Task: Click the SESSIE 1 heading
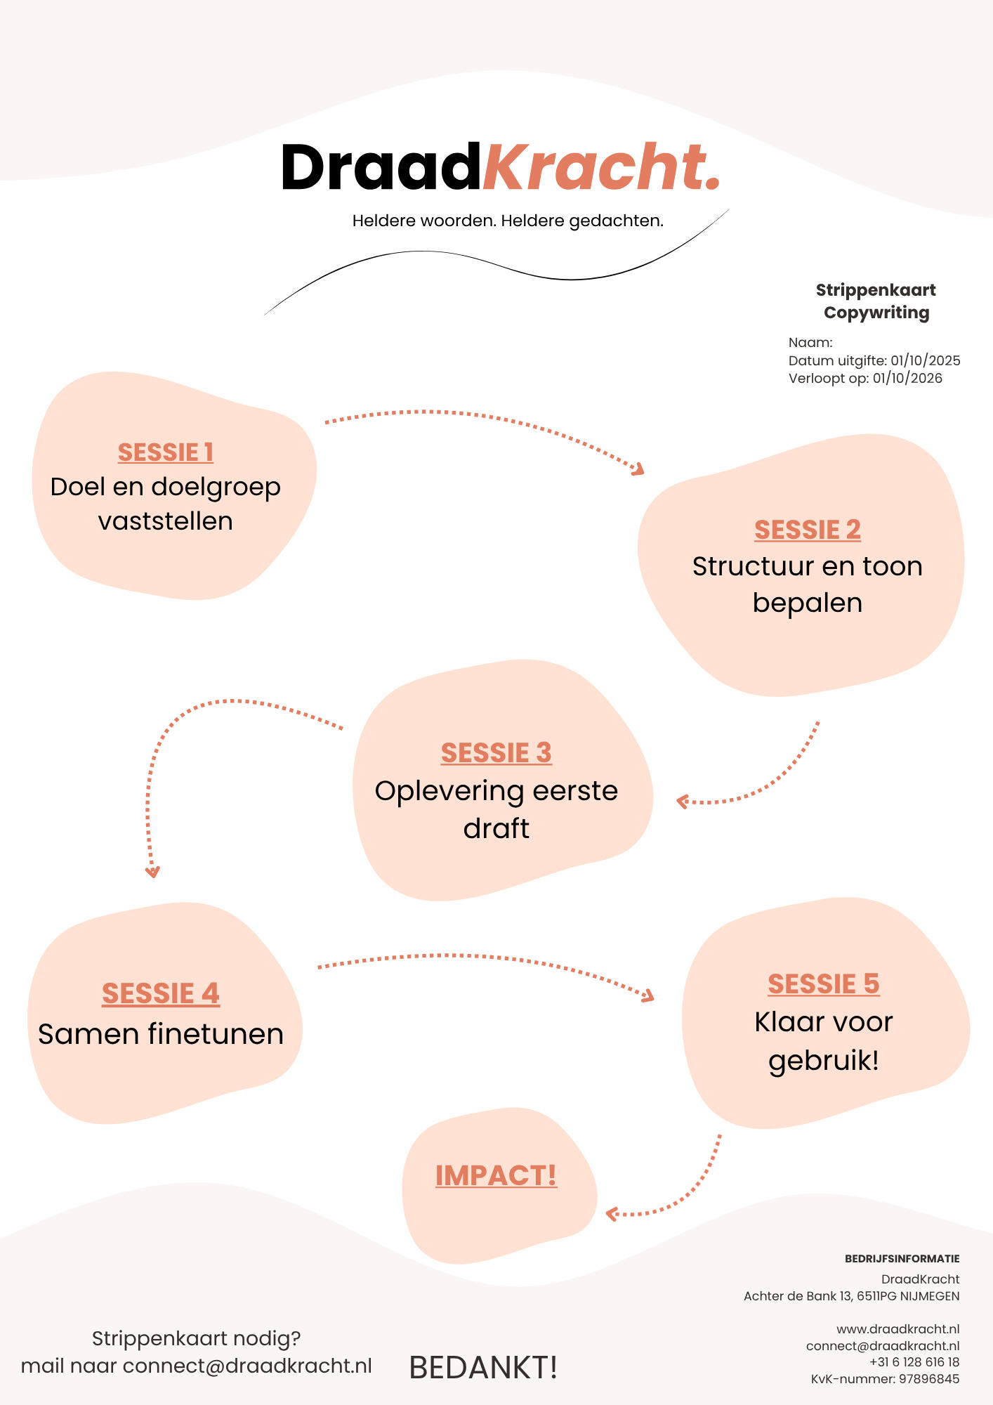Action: coord(165,452)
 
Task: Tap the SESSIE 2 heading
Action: coord(808,530)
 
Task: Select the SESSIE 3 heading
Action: coord(496,752)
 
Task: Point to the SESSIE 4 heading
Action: coord(160,993)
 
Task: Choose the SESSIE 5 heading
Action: coord(823,983)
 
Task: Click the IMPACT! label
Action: coord(496,1175)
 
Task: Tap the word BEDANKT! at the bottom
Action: coord(483,1368)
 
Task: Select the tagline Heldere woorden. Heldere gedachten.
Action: coord(508,221)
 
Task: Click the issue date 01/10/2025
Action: coord(925,360)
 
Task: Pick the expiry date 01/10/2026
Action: coord(907,378)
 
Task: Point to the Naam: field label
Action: coord(810,343)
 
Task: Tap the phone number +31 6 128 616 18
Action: coord(914,1362)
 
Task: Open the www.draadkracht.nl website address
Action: coord(897,1329)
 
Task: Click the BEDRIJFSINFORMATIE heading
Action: coord(902,1259)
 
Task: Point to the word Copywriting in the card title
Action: coord(876,313)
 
